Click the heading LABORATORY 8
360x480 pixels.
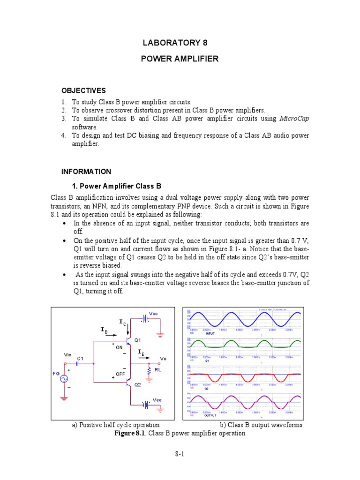pyautogui.click(x=174, y=43)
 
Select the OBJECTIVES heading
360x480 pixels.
pyautogui.click(x=83, y=90)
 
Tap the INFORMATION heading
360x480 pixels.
pyautogui.click(x=86, y=172)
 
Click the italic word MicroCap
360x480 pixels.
pyautogui.click(x=294, y=119)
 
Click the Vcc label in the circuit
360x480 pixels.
pyautogui.click(x=153, y=313)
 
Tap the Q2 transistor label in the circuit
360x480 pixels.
pyautogui.click(x=138, y=384)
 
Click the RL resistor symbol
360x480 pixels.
pyautogui.click(x=150, y=371)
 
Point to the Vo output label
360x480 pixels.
pyautogui.click(x=163, y=359)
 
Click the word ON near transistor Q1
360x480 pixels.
pyautogui.click(x=119, y=347)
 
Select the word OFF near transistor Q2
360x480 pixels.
pyautogui.click(x=120, y=374)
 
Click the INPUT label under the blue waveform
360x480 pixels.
pyautogui.click(x=210, y=333)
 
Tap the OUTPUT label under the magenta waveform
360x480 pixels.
pyautogui.click(x=211, y=416)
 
